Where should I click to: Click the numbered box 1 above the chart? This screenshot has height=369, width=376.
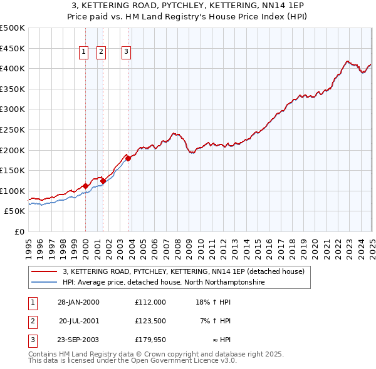tap(83, 53)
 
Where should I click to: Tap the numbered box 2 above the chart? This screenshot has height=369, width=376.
tap(102, 53)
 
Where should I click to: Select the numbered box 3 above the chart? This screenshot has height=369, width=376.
tap(126, 53)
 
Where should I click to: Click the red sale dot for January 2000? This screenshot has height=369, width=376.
tap(85, 186)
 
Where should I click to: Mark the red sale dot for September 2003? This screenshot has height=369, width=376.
tap(128, 158)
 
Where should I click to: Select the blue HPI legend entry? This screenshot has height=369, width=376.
tap(164, 282)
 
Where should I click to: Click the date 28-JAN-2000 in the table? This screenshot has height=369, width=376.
tap(78, 301)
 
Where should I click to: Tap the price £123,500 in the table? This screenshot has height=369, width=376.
tap(150, 321)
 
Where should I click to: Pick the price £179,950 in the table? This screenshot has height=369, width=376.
tap(150, 340)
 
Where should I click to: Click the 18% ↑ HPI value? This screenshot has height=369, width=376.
tap(214, 301)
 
